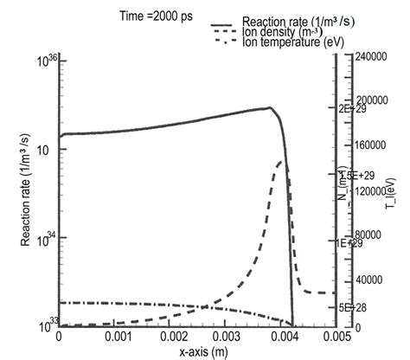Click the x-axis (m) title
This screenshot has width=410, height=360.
click(202, 351)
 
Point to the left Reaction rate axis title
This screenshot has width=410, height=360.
click(25, 196)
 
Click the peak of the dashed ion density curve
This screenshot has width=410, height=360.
click(280, 161)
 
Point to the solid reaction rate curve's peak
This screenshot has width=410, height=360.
click(269, 107)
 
